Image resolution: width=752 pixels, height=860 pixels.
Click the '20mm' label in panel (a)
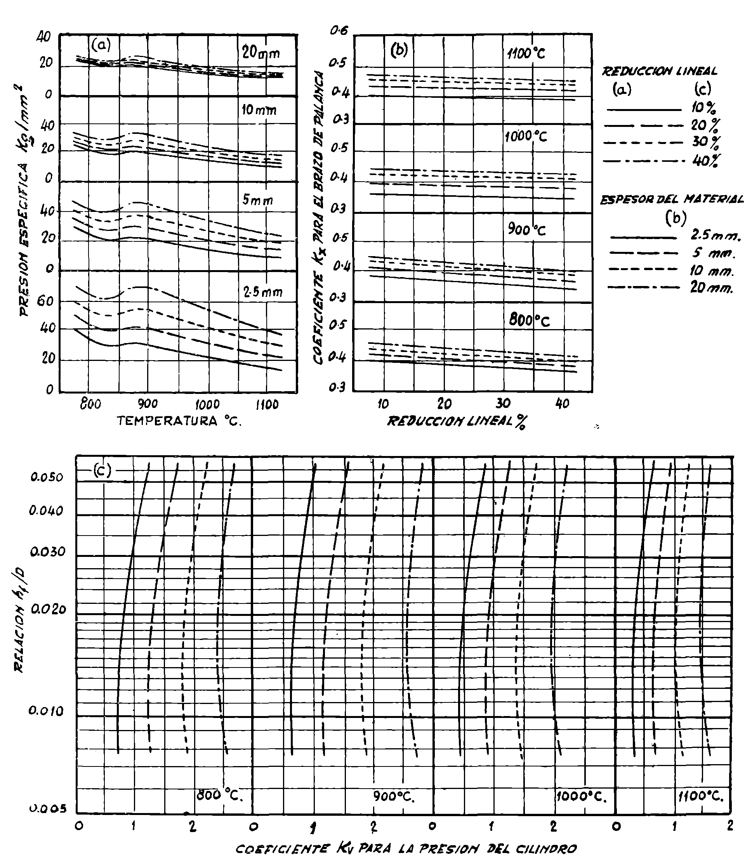[261, 53]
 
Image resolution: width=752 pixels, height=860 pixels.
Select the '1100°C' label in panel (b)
[526, 54]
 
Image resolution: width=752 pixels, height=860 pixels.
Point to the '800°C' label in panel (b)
[529, 321]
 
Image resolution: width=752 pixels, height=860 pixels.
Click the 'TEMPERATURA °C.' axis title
[179, 421]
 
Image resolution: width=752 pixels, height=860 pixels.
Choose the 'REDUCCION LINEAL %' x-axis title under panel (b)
[456, 421]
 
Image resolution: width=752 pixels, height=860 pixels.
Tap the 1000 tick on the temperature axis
[207, 404]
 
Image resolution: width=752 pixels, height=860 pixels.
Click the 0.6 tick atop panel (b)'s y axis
[339, 31]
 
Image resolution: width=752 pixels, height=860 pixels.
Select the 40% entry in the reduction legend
[705, 160]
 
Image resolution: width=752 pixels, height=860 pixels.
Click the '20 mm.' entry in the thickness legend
[712, 288]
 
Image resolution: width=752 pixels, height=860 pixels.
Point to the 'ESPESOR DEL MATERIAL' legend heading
[671, 200]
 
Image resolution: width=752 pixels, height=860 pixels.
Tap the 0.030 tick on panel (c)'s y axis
[48, 551]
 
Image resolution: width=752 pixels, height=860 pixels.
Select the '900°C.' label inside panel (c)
[393, 796]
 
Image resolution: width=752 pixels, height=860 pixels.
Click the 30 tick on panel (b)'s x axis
[503, 404]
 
